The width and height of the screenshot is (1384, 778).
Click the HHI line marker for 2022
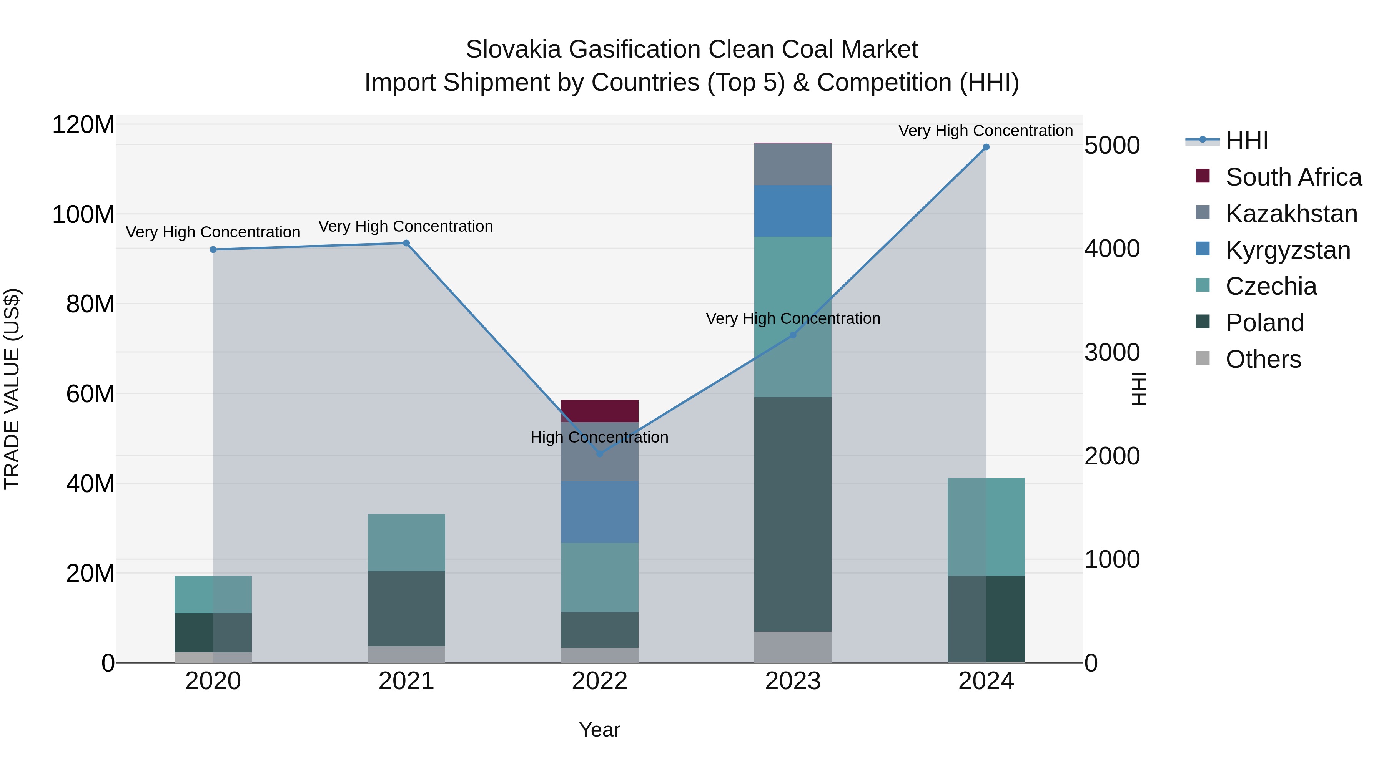(600, 454)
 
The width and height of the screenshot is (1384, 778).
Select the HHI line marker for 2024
(986, 147)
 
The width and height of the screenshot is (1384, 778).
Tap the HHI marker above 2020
(213, 250)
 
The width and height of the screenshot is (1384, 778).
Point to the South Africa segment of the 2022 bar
(600, 411)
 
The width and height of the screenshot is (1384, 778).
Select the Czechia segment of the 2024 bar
(986, 527)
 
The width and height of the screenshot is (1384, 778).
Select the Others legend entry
(1263, 359)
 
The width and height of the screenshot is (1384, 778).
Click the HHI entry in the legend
(1246, 141)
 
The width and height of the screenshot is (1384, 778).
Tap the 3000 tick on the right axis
(1111, 353)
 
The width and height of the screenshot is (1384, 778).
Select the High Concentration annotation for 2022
(600, 437)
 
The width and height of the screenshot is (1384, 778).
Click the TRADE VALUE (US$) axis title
(12, 389)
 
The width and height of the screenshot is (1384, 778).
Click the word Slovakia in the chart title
(513, 50)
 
